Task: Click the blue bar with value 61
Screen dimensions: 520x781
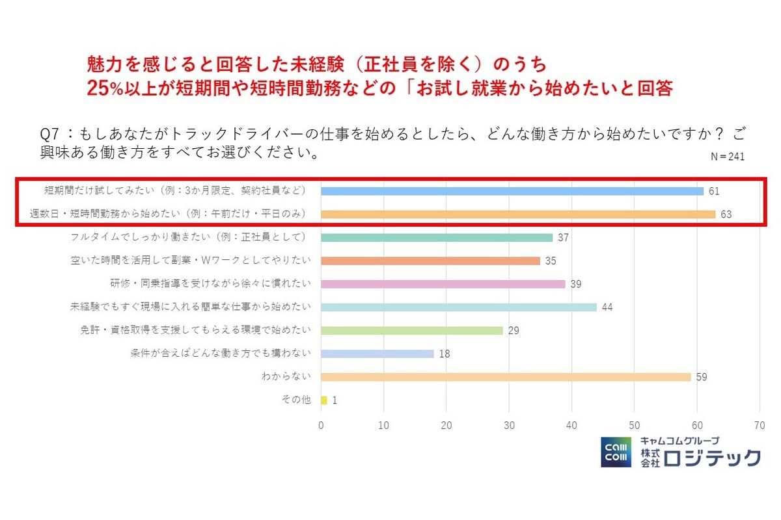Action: [x=512, y=191]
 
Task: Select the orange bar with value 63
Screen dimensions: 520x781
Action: [x=518, y=214]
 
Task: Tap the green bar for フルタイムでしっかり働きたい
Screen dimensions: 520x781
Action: [x=436, y=237]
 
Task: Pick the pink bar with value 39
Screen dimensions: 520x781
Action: [x=443, y=284]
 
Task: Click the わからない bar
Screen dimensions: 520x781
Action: [x=505, y=377]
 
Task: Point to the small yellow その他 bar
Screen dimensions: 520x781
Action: [x=323, y=400]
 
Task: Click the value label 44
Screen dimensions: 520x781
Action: [x=607, y=307]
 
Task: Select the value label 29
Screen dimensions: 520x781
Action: [x=514, y=331]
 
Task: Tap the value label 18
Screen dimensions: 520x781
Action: [x=445, y=354]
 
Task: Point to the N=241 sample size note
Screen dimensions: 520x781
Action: [x=727, y=157]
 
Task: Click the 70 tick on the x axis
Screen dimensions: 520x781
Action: [x=759, y=426]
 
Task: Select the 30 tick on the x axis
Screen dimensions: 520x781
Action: [x=509, y=426]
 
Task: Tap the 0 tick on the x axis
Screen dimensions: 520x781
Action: [x=321, y=426]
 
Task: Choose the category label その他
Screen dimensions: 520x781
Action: [x=295, y=400]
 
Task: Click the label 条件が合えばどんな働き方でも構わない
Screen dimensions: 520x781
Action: [x=221, y=354]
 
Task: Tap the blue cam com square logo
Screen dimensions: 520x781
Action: [x=615, y=452]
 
